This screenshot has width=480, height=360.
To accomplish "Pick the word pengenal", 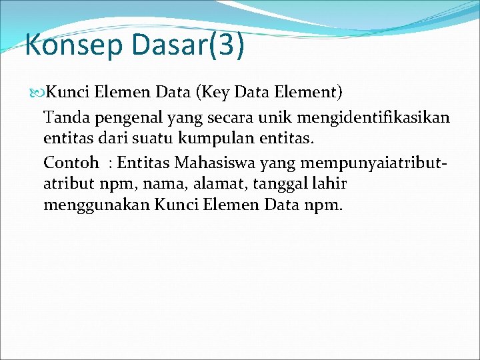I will pos(123,118).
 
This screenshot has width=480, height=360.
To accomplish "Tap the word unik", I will pos(273,118).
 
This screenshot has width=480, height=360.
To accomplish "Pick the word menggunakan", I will pos(97,205).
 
